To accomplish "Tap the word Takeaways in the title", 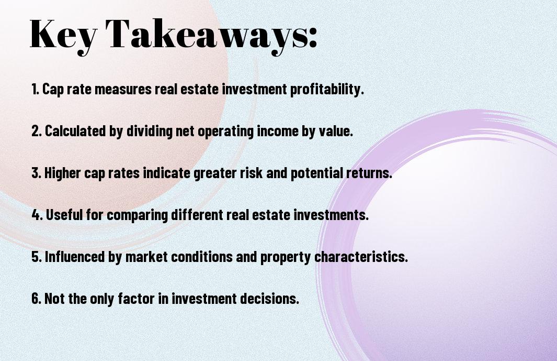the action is tap(202, 35).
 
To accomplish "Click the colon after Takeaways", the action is tap(313, 38).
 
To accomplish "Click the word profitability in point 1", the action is tap(327, 89).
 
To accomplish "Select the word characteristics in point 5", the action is tap(361, 257).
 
